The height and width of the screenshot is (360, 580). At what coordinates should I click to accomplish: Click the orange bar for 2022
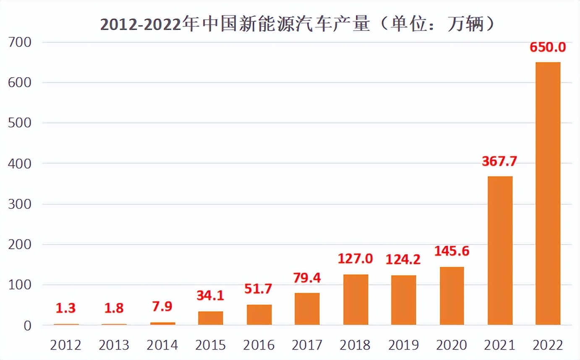(x=548, y=193)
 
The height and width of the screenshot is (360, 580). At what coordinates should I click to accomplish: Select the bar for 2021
(x=500, y=250)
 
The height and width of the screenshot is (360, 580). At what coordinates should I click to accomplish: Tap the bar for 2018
(x=355, y=300)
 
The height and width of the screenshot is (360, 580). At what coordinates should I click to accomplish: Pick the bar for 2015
(x=210, y=318)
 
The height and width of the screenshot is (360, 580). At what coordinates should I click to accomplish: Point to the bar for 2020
(x=452, y=296)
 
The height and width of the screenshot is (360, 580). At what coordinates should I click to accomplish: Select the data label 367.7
(x=499, y=162)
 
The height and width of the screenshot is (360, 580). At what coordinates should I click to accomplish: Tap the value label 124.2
(x=403, y=260)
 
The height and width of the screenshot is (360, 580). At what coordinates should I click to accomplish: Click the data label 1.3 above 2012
(x=66, y=308)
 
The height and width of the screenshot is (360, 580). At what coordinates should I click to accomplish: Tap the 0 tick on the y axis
(x=27, y=326)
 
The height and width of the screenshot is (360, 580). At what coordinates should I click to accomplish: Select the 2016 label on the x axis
(x=259, y=345)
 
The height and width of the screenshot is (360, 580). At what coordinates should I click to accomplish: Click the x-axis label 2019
(x=403, y=345)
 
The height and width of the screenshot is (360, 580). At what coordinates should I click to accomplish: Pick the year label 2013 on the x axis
(x=114, y=345)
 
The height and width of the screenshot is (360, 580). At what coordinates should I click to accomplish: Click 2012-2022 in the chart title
(x=140, y=25)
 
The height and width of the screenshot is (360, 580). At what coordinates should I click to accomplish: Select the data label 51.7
(x=259, y=289)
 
